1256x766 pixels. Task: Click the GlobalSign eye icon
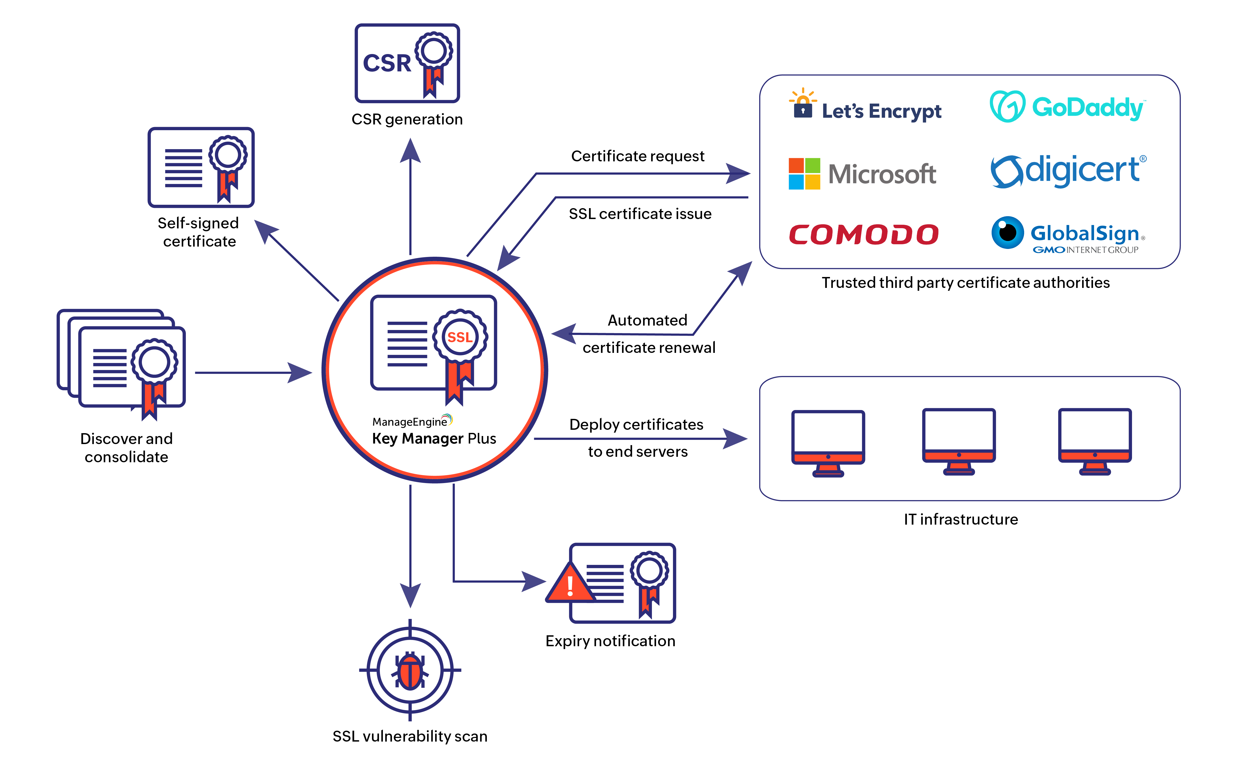point(1007,233)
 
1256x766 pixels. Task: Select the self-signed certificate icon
point(201,167)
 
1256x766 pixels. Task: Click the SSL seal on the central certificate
point(460,337)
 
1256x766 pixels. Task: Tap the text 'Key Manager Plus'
point(434,439)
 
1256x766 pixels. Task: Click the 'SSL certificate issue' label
point(640,214)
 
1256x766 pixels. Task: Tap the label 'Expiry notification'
point(610,641)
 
